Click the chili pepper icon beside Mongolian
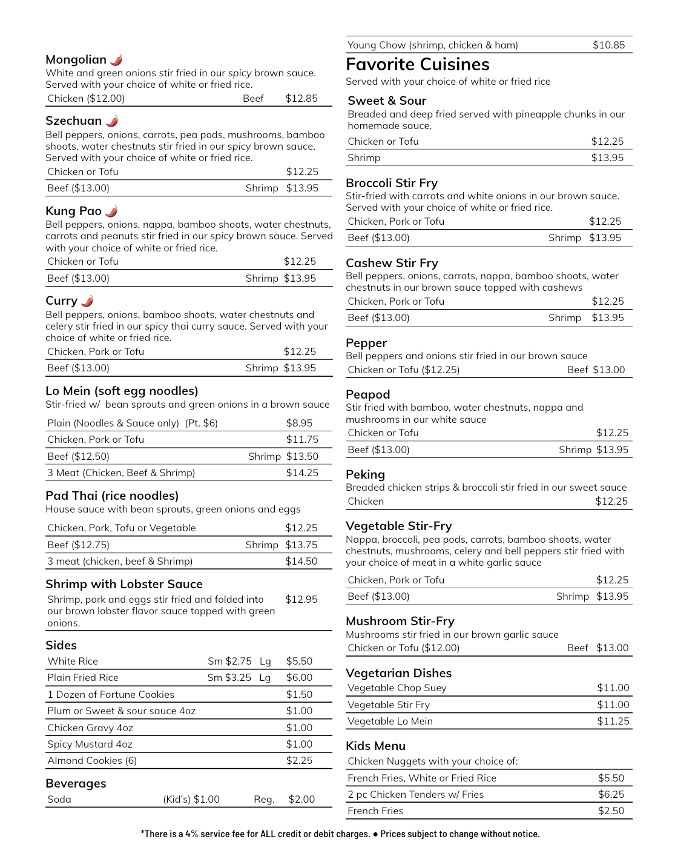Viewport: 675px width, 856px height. pyautogui.click(x=117, y=59)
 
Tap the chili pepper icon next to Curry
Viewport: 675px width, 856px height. pyautogui.click(x=88, y=301)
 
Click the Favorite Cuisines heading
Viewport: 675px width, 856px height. pyautogui.click(x=417, y=64)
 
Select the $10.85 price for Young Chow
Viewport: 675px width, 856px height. pyautogui.click(x=608, y=45)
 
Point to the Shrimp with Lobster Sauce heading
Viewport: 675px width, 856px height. pyautogui.click(x=124, y=584)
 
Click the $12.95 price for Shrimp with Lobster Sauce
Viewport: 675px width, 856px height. pyautogui.click(x=301, y=599)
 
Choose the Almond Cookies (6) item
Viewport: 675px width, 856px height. pyautogui.click(x=92, y=760)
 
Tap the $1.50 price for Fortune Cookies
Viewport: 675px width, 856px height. pyautogui.click(x=299, y=694)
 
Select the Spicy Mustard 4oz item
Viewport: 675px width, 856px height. pyautogui.click(x=90, y=744)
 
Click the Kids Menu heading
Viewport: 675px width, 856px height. pyautogui.click(x=375, y=746)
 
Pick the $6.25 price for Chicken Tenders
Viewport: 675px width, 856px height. pyautogui.click(x=611, y=794)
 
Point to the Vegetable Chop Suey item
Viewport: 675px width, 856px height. pyautogui.click(x=397, y=688)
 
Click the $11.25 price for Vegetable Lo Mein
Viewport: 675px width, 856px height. pyautogui.click(x=613, y=721)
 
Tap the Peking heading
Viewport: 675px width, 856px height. pyautogui.click(x=365, y=474)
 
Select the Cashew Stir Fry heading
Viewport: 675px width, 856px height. pyautogui.click(x=392, y=263)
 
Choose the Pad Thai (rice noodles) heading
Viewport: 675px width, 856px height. pyautogui.click(x=112, y=496)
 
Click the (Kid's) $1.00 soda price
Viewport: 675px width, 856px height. pyautogui.click(x=191, y=799)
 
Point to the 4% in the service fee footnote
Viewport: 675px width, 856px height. pyautogui.click(x=191, y=834)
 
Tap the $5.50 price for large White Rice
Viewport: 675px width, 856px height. pyautogui.click(x=299, y=661)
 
